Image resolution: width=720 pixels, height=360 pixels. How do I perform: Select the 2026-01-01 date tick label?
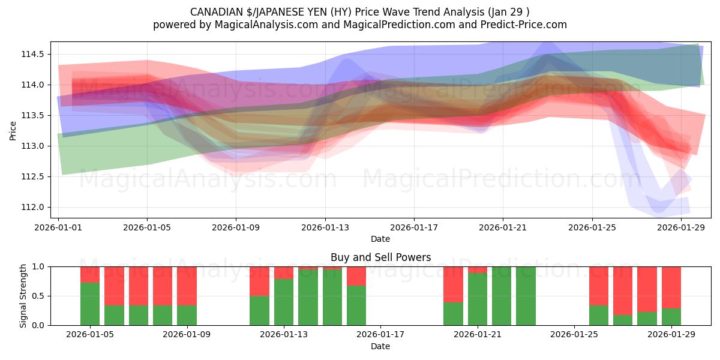[58, 228]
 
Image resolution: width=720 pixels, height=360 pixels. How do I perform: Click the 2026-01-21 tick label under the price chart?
[503, 228]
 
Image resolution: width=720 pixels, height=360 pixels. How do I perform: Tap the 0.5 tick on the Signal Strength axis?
[39, 296]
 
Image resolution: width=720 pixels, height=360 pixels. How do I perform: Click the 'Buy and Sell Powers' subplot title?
[380, 257]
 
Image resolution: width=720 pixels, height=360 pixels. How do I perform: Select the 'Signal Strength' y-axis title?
[23, 295]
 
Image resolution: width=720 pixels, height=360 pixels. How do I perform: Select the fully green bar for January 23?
[526, 296]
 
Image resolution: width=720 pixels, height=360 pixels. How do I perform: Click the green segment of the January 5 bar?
[90, 304]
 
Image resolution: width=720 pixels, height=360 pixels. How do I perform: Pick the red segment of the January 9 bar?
[187, 286]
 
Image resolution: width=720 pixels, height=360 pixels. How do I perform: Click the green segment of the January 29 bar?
[671, 317]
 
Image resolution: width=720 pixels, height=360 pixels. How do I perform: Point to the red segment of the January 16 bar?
[356, 275]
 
